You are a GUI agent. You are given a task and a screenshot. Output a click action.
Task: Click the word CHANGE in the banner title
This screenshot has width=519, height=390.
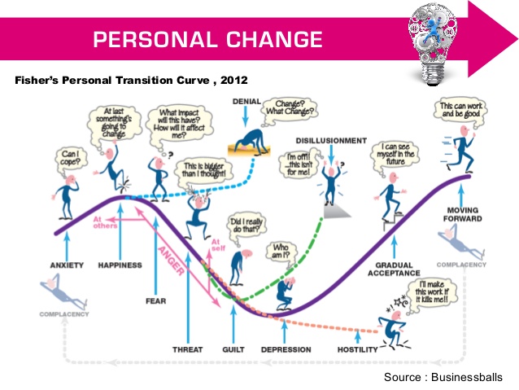pyautogui.click(x=274, y=39)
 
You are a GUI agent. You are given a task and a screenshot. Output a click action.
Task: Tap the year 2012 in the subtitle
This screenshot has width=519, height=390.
pyautogui.click(x=234, y=80)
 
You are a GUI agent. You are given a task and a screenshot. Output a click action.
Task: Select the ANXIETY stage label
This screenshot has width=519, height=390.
pyautogui.click(x=67, y=265)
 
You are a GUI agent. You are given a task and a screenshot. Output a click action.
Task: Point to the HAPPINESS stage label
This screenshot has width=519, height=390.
pyautogui.click(x=120, y=265)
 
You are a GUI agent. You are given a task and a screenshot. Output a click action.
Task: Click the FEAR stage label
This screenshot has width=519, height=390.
pyautogui.click(x=156, y=301)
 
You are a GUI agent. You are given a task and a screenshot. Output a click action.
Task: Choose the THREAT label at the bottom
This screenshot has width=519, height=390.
pyautogui.click(x=188, y=349)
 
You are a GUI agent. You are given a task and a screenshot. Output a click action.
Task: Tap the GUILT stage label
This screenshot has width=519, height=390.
pyautogui.click(x=233, y=349)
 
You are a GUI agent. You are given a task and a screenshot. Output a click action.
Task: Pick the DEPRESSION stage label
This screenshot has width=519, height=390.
pyautogui.click(x=286, y=349)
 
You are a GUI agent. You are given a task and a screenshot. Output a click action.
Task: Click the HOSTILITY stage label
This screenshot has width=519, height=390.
pyautogui.click(x=357, y=349)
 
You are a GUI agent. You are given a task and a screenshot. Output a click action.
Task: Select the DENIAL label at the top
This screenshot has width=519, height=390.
pyautogui.click(x=246, y=102)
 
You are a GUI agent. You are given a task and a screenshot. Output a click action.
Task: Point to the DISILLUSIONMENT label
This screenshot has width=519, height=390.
pyautogui.click(x=331, y=141)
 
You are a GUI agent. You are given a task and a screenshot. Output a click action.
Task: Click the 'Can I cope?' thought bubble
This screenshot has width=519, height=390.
pyautogui.click(x=71, y=159)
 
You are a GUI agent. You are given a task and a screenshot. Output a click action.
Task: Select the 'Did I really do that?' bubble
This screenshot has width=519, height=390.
pyautogui.click(x=246, y=226)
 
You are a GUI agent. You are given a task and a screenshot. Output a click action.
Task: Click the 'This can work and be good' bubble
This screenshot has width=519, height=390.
pyautogui.click(x=461, y=111)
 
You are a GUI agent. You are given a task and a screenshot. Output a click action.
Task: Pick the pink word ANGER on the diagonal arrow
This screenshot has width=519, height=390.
pyautogui.click(x=171, y=261)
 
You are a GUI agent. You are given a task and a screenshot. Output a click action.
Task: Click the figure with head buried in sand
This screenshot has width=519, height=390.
pyautogui.click(x=250, y=143)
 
